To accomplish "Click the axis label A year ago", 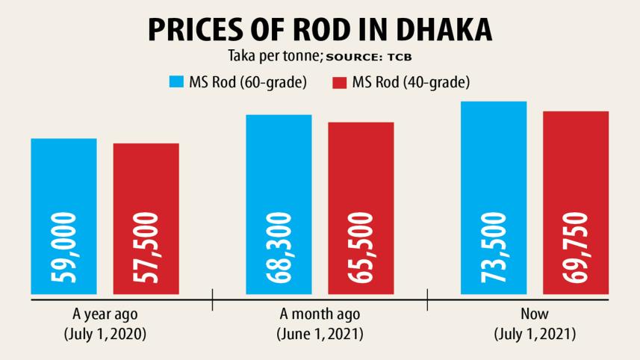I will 105,314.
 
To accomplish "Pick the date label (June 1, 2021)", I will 320,334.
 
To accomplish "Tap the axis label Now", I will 535,314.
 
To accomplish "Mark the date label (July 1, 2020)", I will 105,334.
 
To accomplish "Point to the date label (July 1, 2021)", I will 535,334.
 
